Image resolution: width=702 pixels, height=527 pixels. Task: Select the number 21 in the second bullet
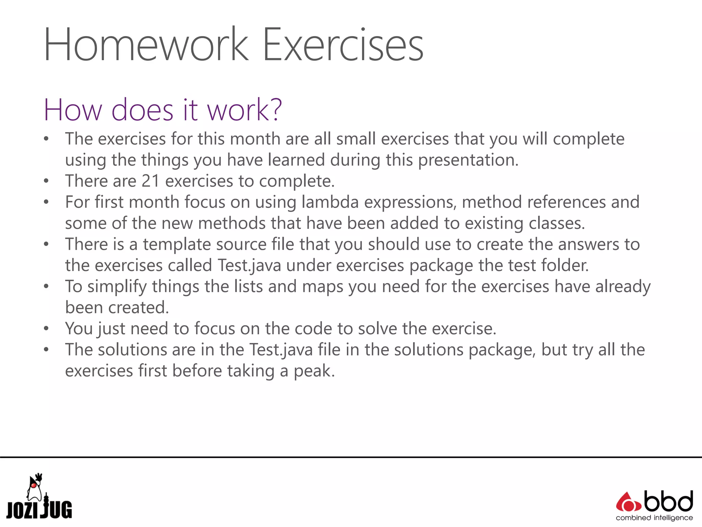coord(150,181)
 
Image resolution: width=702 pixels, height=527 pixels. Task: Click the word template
coord(204,244)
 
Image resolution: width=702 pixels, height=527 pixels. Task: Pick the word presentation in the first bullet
coord(468,160)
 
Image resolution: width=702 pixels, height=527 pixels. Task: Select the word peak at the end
coord(313,371)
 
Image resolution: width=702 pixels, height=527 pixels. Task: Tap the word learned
coord(296,160)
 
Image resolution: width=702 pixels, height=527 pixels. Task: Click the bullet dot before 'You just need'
coord(46,329)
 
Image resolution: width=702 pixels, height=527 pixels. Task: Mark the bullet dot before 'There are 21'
coord(46,181)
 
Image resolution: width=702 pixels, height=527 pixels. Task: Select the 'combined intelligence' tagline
coord(654,518)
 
